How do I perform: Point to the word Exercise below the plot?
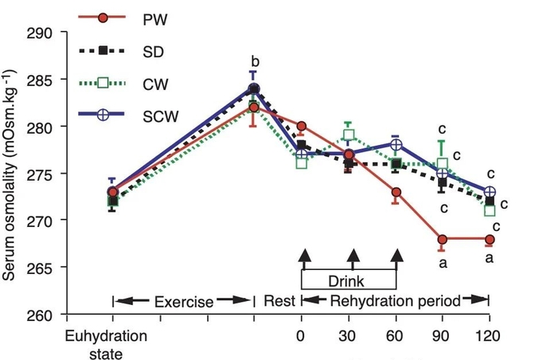(x=184, y=302)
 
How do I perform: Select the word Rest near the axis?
(x=279, y=302)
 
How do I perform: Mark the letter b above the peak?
(x=254, y=61)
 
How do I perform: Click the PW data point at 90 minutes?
(x=443, y=239)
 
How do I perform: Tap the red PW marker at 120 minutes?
(x=490, y=239)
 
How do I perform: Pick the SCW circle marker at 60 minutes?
(x=396, y=145)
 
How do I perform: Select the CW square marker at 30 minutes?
(x=349, y=135)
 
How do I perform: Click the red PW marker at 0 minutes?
(x=302, y=126)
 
